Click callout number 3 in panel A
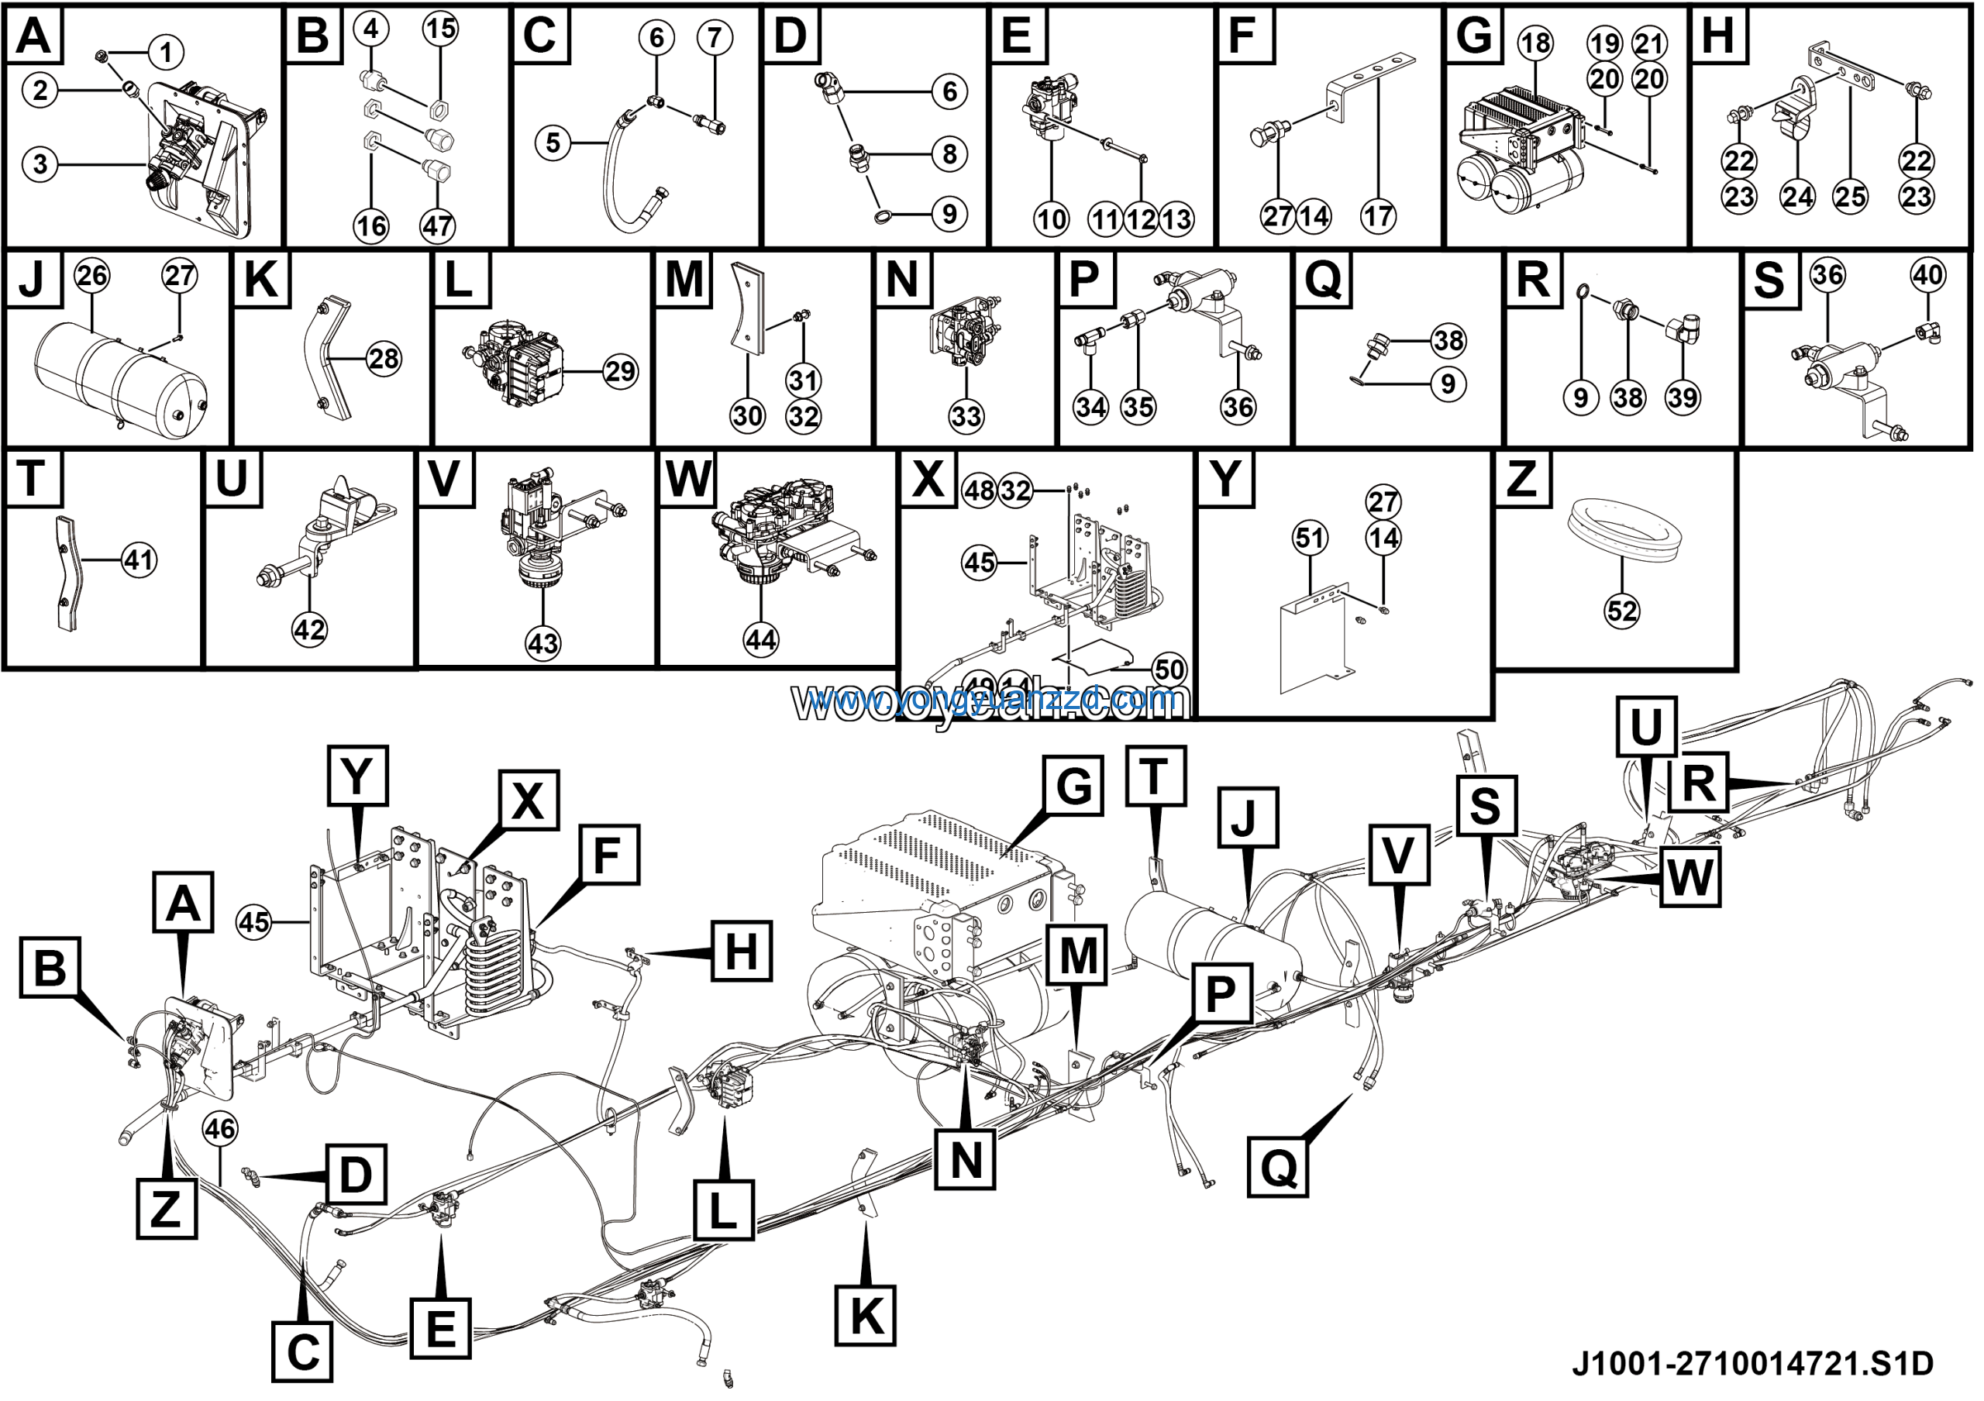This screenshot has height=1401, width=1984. (40, 164)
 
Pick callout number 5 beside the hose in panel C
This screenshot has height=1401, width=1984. (554, 143)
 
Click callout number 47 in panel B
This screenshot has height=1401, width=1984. (438, 226)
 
